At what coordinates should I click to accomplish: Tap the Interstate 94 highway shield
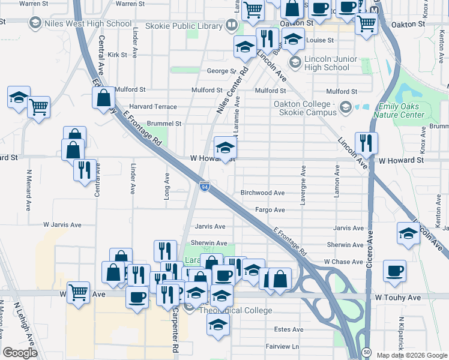[205, 188]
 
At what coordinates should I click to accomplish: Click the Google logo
[20, 352]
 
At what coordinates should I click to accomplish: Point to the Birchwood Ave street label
[262, 193]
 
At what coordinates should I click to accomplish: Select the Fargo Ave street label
[270, 210]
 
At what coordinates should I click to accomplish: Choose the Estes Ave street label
[289, 329]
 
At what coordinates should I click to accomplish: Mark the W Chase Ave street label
[344, 262]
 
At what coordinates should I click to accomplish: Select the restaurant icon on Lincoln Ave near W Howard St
[365, 143]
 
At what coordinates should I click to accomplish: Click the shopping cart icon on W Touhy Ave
[78, 292]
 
